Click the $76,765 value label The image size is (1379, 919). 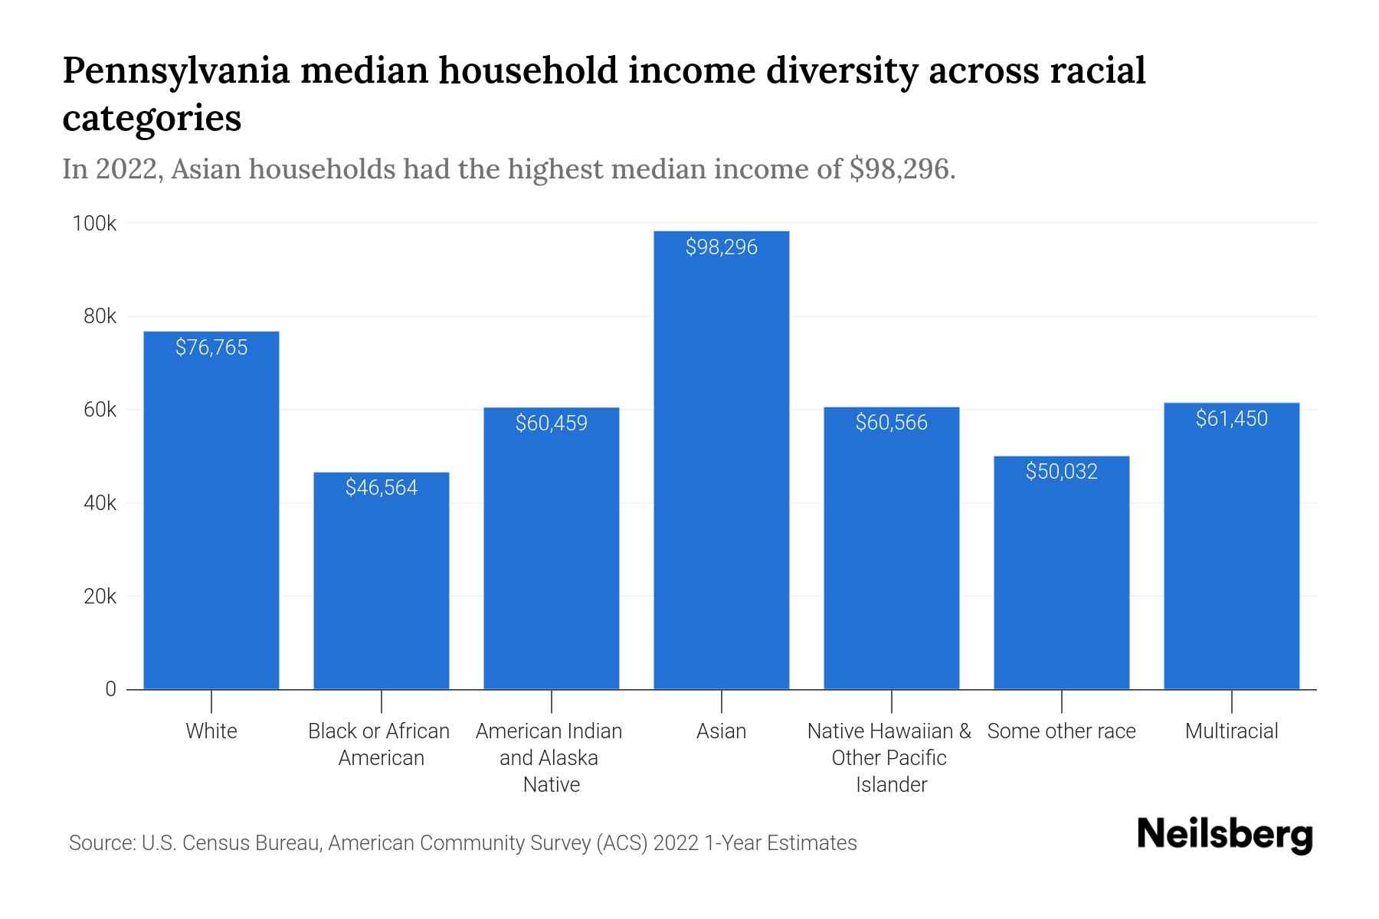click(x=211, y=348)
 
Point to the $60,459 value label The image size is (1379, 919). click(x=551, y=424)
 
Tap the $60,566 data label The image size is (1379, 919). click(x=891, y=423)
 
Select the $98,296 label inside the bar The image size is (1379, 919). click(x=721, y=247)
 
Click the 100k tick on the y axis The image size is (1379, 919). click(x=94, y=224)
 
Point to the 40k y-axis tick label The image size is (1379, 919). click(x=100, y=503)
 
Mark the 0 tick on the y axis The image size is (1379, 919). click(x=110, y=689)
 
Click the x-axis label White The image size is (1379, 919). click(x=211, y=731)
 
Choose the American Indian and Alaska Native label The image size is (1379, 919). click(x=549, y=757)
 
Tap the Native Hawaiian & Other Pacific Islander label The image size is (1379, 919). click(x=889, y=757)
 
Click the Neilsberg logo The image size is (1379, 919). click(x=1224, y=835)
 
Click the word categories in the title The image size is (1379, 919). click(x=152, y=119)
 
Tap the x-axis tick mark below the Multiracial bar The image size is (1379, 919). click(x=1231, y=701)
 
